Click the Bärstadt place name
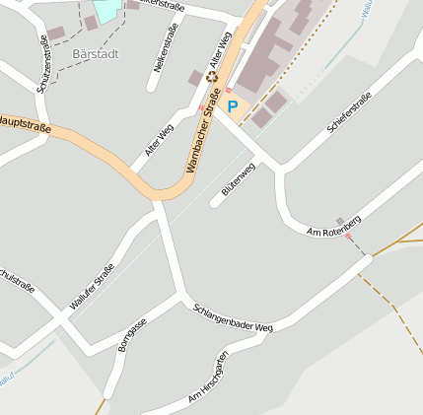[x=96, y=53]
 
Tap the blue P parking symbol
[x=233, y=105]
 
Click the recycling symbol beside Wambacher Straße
[x=212, y=102]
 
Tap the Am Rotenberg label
[x=335, y=227]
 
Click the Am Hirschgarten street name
[x=209, y=379]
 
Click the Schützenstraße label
[x=42, y=64]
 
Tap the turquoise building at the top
[x=105, y=12]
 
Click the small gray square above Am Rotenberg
[x=340, y=220]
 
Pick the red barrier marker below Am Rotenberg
[x=347, y=237]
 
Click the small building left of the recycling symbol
[x=195, y=78]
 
